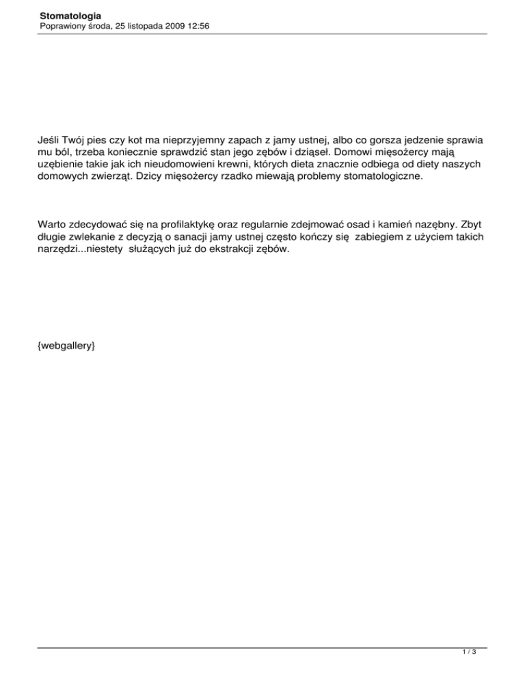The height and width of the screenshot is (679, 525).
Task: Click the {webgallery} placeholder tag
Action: pos(66,347)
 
